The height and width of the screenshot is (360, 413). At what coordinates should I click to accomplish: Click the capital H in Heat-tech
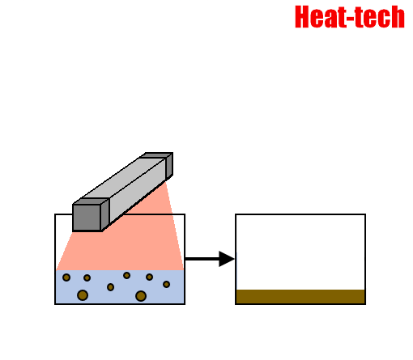click(302, 17)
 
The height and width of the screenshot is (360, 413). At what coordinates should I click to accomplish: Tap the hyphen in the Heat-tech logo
click(350, 19)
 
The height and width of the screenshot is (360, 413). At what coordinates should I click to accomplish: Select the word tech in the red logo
click(379, 17)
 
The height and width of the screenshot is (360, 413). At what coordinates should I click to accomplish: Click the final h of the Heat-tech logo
click(398, 17)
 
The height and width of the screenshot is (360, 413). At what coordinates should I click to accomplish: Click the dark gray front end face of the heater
click(87, 218)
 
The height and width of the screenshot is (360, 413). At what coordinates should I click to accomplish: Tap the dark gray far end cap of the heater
click(169, 166)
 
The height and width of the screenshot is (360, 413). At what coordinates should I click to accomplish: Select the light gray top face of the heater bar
click(124, 178)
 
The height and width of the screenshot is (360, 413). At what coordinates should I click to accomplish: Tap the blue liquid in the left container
click(120, 286)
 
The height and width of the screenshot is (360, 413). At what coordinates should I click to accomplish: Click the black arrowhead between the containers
click(227, 259)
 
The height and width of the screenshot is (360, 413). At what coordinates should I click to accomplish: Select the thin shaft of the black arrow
click(202, 259)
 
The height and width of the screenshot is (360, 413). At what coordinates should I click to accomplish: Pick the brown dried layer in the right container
click(300, 297)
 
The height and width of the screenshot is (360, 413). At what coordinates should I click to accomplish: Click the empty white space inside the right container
click(300, 252)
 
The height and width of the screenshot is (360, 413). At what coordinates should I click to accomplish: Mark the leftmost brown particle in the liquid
click(66, 277)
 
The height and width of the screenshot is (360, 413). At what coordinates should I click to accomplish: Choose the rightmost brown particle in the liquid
click(166, 284)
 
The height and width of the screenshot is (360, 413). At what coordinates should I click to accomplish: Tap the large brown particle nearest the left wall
click(83, 295)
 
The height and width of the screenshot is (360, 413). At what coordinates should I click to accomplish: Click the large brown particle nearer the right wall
click(141, 296)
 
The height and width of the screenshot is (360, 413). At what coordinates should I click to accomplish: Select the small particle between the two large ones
click(110, 287)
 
